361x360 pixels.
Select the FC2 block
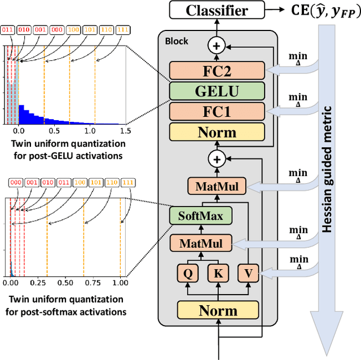tap(217, 71)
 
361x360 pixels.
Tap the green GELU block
tap(217, 91)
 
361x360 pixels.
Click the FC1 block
tap(217, 111)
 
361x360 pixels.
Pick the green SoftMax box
tap(200, 215)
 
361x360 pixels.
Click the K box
tap(217, 274)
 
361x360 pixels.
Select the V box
tap(247, 274)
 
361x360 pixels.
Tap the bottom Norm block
tap(217, 310)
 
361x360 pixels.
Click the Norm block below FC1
tap(217, 132)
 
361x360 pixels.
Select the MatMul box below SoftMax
tap(201, 244)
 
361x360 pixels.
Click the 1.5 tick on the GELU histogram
tap(125, 130)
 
